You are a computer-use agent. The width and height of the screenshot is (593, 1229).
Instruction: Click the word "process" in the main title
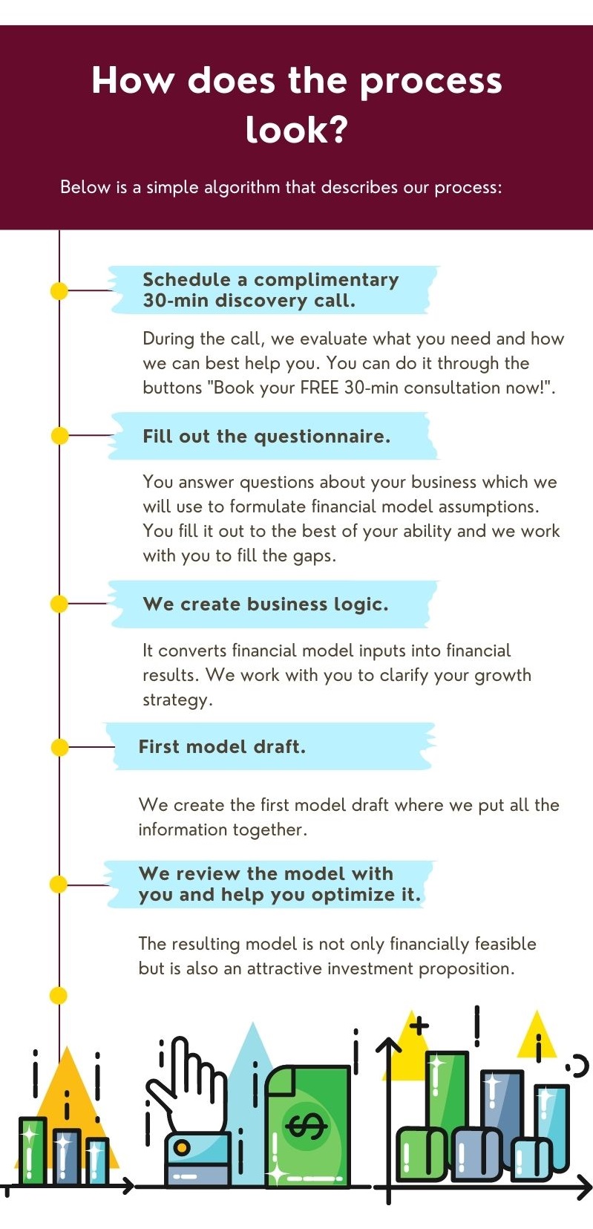430,82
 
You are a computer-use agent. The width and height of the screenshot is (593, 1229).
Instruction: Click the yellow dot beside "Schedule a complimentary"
59,291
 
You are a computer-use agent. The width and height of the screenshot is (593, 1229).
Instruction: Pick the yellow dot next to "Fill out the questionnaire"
60,436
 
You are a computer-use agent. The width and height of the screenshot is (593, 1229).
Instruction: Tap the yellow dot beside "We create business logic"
59,604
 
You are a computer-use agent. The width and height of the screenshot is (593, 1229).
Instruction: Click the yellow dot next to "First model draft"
60,747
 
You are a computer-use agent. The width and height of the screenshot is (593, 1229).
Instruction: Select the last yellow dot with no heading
58,995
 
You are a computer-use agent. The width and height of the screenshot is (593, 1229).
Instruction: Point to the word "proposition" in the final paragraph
467,969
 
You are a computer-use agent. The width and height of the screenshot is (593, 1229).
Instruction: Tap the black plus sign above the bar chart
419,1026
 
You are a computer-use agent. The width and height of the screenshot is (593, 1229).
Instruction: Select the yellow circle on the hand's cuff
182,1147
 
